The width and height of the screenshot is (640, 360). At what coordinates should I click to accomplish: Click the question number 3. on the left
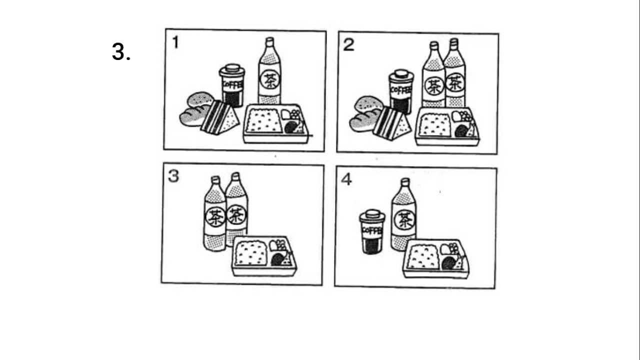(x=121, y=51)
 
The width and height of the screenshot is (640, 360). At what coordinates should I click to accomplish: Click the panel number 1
(x=175, y=42)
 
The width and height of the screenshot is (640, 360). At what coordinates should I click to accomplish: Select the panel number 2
(x=348, y=45)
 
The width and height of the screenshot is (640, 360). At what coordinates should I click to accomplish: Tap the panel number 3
(x=173, y=176)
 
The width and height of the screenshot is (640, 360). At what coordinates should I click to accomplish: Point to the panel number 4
(x=346, y=179)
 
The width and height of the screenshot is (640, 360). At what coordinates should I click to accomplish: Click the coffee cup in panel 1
(x=232, y=85)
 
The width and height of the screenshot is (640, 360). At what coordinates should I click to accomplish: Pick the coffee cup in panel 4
(x=372, y=231)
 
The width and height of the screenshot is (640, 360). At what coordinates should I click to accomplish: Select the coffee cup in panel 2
(x=401, y=91)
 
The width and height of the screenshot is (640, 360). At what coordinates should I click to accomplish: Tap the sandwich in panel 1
(x=220, y=117)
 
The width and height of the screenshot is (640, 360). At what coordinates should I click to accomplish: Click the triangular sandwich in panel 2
(x=391, y=123)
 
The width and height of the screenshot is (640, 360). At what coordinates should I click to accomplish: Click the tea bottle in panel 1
(x=269, y=71)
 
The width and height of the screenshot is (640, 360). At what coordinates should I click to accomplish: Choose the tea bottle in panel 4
(x=403, y=214)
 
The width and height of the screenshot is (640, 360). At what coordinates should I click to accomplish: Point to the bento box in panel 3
(x=264, y=256)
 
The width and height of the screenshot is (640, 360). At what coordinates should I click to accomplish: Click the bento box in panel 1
(x=276, y=123)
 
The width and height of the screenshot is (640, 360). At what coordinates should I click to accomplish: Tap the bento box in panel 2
(x=447, y=126)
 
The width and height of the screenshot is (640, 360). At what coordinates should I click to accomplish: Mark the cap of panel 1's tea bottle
(x=269, y=42)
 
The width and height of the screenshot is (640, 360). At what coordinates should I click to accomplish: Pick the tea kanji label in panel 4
(x=404, y=220)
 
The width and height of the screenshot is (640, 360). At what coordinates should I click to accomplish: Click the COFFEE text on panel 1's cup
(x=232, y=84)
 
